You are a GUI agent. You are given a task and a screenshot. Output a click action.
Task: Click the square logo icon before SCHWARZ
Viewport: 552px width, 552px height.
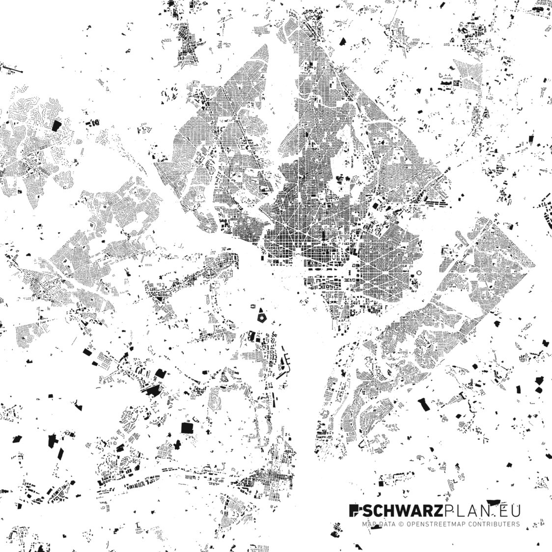coord(354,511)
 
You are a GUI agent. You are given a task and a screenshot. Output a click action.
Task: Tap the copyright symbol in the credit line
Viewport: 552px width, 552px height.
coord(400,524)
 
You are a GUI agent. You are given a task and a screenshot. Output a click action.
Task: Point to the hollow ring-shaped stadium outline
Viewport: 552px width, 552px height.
coord(418,273)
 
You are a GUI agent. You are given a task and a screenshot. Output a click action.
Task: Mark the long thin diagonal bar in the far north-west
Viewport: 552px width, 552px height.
coord(12,68)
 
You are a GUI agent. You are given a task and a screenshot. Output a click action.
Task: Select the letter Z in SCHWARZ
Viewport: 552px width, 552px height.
coord(436,511)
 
